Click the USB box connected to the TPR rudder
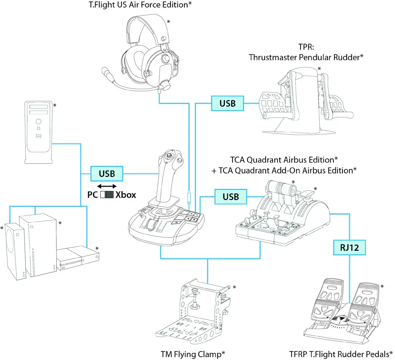point(227,103)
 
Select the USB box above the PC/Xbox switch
point(107,174)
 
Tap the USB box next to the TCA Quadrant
point(231,197)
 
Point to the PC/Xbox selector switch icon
point(107,195)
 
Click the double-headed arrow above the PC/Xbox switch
point(107,186)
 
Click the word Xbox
point(126,195)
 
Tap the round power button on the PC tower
point(38,122)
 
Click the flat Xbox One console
point(78,259)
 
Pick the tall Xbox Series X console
point(38,247)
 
